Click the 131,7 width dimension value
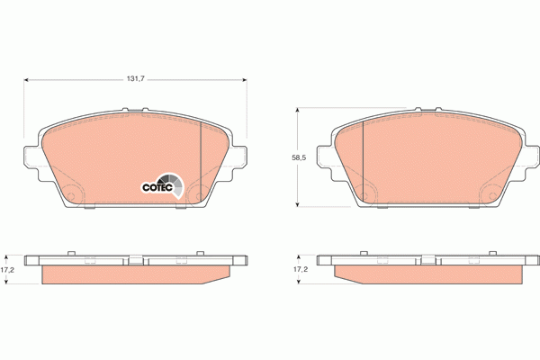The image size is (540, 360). (x=136, y=78)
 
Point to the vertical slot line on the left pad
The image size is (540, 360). (x=199, y=158)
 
